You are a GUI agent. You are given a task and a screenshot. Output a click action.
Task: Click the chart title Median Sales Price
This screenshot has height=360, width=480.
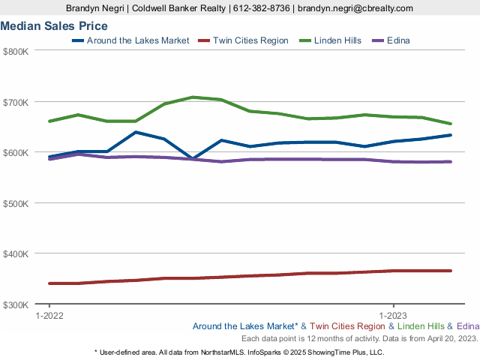pos(54,26)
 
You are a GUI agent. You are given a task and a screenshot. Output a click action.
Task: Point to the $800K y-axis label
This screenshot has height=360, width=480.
pos(16,52)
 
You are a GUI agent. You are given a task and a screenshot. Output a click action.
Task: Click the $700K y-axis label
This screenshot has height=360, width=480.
pos(16,102)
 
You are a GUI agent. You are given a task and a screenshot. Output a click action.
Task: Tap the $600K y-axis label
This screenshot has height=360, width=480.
pos(16,153)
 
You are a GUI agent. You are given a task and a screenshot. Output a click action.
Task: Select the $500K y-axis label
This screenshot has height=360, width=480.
pos(16,203)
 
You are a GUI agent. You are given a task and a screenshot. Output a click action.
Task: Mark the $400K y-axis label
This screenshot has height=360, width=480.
pos(16,254)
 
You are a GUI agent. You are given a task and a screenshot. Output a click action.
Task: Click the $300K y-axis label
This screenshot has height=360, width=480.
pos(16,304)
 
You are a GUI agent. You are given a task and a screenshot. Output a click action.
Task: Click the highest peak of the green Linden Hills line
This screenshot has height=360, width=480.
pos(193,97)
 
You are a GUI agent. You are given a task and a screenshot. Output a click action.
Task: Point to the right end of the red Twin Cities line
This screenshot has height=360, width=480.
pos(451,271)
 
